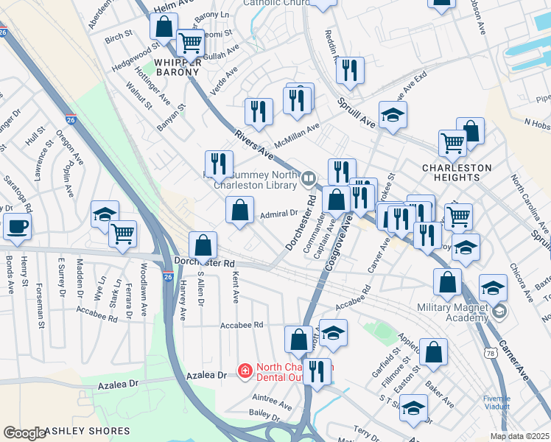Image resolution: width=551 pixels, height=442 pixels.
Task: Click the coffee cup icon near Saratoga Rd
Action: coord(16,228)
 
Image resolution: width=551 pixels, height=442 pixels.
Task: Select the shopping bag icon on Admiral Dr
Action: coord(239,211)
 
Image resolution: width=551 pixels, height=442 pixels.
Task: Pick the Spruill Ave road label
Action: coord(357,113)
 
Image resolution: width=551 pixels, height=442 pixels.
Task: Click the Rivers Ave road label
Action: coord(254,145)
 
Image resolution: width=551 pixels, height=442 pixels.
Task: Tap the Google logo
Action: coord(24,432)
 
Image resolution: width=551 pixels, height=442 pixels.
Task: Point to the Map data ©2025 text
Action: coord(519,436)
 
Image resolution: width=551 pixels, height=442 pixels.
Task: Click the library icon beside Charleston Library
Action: coord(309,178)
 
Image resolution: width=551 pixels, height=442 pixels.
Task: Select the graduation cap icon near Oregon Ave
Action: coord(105,214)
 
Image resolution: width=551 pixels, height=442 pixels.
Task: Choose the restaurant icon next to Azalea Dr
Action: coord(317,372)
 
